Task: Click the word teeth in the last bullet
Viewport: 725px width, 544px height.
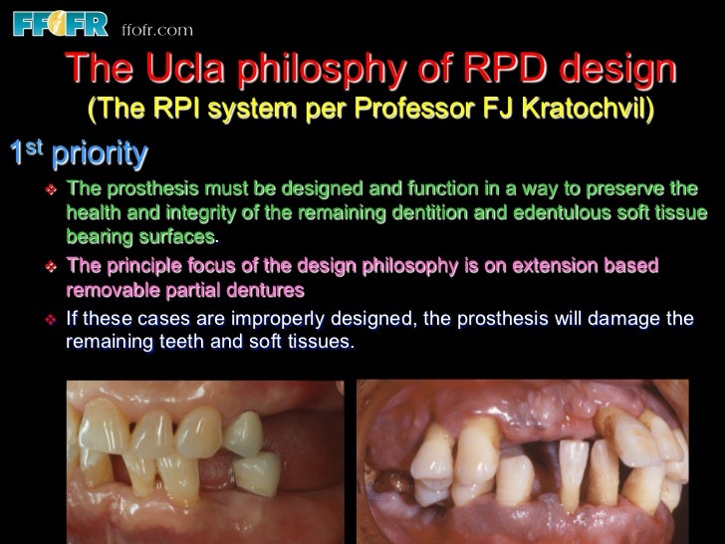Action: pyautogui.click(x=171, y=343)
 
